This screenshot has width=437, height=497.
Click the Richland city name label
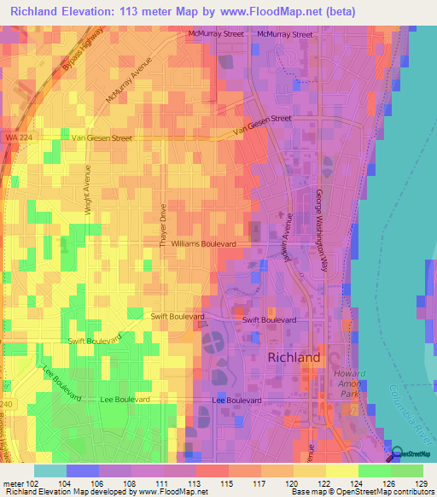[294, 357]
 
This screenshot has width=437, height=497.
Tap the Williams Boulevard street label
[204, 243]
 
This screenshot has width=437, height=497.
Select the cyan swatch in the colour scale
[50, 471]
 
